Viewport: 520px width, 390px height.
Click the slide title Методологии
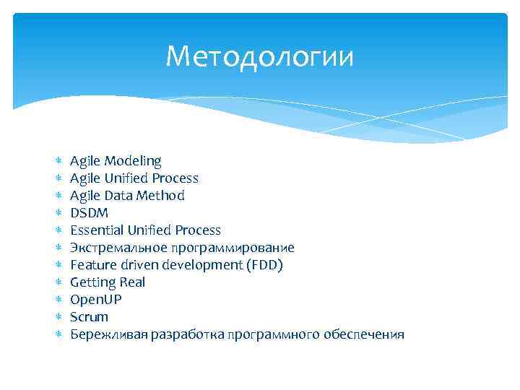point(260,56)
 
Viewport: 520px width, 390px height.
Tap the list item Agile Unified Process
point(134,178)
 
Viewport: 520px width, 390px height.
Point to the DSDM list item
point(89,212)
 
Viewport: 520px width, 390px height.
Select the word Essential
point(97,230)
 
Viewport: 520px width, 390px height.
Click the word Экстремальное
point(111,248)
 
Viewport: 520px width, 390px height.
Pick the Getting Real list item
point(108,282)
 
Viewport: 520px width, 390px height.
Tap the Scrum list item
point(89,317)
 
